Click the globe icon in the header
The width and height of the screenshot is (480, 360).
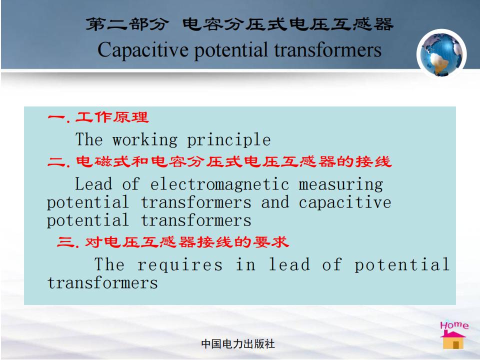(x=441, y=54)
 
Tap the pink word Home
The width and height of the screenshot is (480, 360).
(x=454, y=325)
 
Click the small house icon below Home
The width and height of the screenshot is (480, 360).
(x=453, y=340)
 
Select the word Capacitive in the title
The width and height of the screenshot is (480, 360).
(x=143, y=50)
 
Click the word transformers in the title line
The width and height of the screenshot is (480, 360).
(x=328, y=50)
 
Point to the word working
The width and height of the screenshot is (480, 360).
(x=145, y=140)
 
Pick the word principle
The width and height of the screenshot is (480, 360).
(x=229, y=140)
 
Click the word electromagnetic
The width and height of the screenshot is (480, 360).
(x=220, y=184)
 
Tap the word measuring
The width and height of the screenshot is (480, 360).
(x=340, y=184)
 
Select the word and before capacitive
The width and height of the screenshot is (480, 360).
(x=275, y=202)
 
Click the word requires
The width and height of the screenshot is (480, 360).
(x=180, y=265)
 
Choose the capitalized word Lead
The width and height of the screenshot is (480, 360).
(x=93, y=184)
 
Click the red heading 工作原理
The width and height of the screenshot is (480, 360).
(x=112, y=117)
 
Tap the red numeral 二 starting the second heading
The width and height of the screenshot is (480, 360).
(x=56, y=161)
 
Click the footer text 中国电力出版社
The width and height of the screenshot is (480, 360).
(x=238, y=344)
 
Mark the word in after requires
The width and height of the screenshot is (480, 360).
(x=246, y=264)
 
